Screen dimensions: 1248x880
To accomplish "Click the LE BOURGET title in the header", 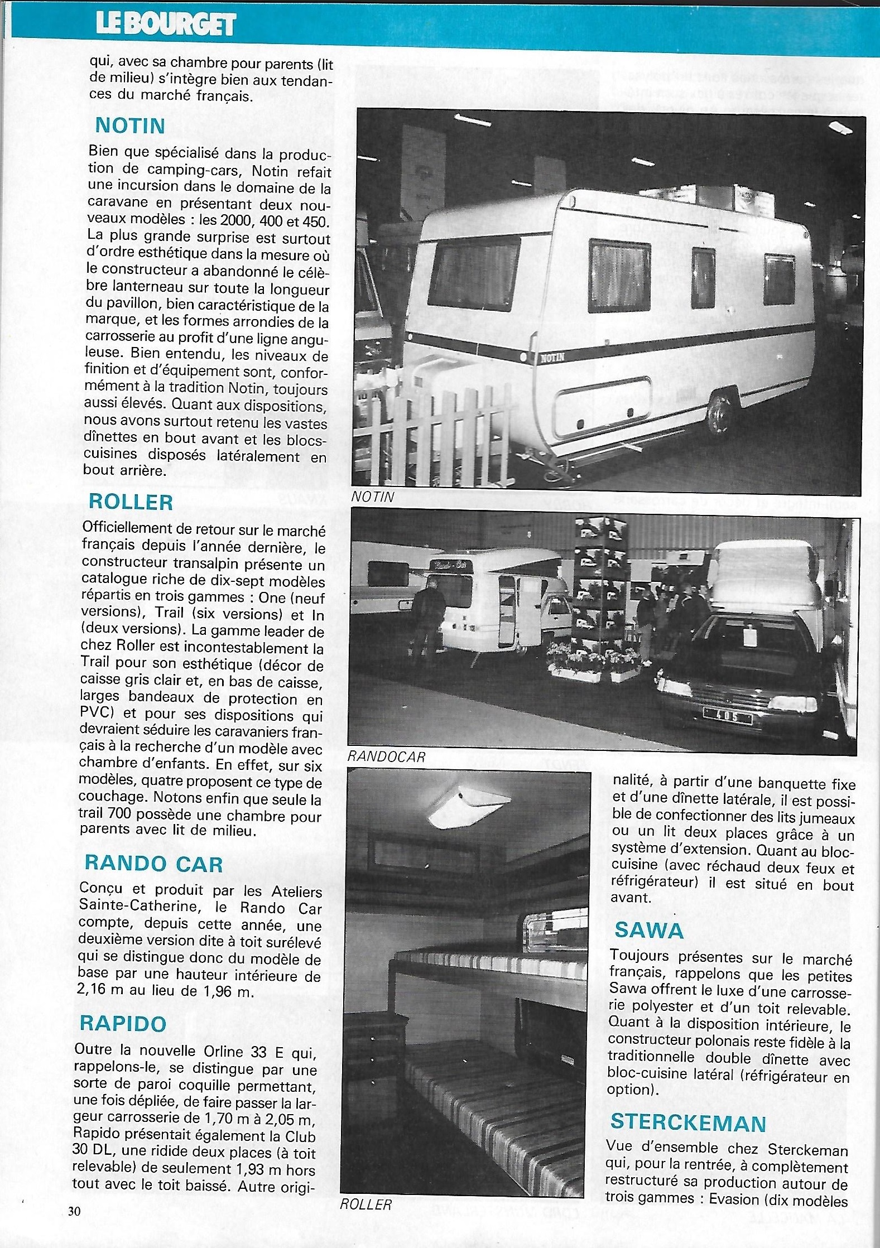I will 166,24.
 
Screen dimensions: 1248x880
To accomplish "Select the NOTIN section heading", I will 130,126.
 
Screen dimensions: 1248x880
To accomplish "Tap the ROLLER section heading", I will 131,502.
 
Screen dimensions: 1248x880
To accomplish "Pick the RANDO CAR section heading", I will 153,864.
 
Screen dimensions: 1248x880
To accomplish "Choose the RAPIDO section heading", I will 123,1023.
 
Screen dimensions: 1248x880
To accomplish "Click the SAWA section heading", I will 649,930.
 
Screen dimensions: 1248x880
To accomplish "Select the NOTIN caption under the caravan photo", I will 373,497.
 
